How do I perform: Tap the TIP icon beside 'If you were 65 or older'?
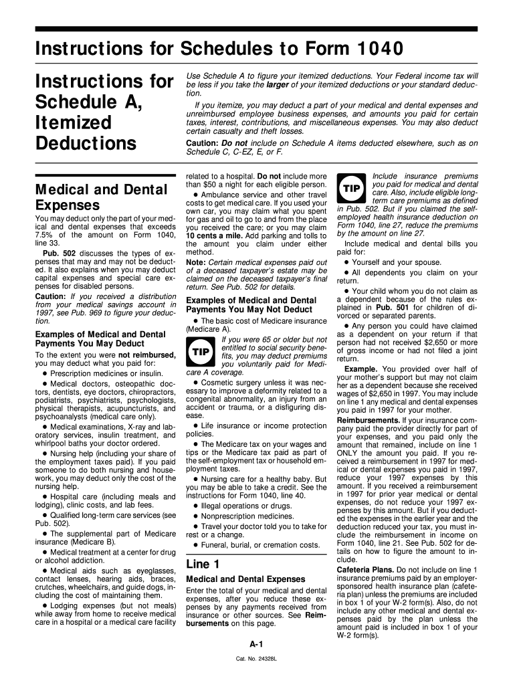201,351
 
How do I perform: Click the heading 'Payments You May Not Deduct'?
249,310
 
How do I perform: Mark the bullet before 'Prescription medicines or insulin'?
45,373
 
